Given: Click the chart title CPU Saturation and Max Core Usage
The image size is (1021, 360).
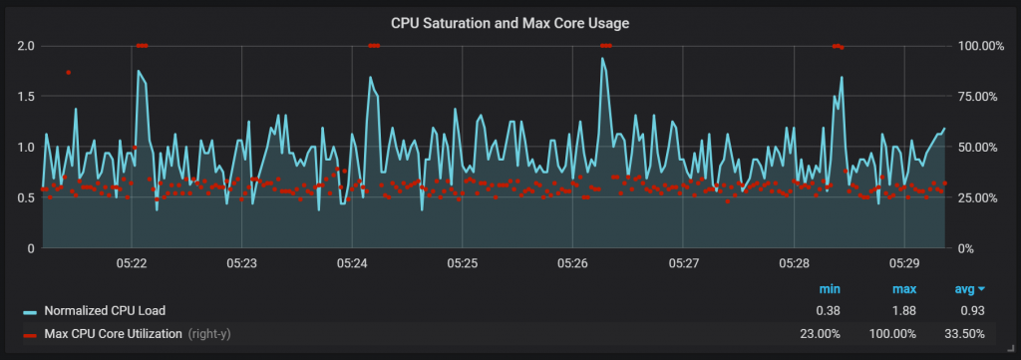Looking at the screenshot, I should [510, 21].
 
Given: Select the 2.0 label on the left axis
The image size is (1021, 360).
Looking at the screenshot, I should [26, 46].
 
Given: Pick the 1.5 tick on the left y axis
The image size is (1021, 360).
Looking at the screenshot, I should [26, 97].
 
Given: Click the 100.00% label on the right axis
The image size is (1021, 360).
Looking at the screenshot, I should [978, 46].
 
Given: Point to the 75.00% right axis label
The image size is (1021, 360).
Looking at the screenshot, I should [978, 97].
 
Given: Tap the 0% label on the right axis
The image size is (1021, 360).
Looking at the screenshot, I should [964, 248].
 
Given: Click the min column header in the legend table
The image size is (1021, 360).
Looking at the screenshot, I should [830, 288].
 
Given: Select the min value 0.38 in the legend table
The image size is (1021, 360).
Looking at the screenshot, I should [830, 310].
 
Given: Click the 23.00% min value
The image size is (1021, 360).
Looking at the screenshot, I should [821, 333].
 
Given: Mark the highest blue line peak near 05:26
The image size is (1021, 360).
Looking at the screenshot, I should [602, 58].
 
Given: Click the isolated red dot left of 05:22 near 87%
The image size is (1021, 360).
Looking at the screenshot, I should [68, 72].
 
